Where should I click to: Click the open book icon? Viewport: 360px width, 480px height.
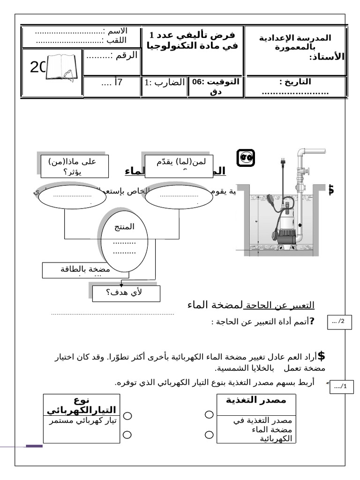pyautogui.click(x=62, y=68)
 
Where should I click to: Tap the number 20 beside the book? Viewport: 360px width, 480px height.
pyautogui.click(x=37, y=68)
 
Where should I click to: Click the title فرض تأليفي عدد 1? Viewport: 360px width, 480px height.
pyautogui.click(x=193, y=36)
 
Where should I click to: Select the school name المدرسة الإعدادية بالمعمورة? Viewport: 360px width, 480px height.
pyautogui.click(x=295, y=42)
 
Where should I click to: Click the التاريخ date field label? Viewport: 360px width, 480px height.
pyautogui.click(x=295, y=82)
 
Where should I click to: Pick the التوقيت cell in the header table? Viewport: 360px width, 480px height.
pyautogui.click(x=216, y=87)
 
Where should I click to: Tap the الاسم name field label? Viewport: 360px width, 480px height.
pyautogui.click(x=115, y=31)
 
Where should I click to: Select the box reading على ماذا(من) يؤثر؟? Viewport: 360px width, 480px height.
pyautogui.click(x=75, y=166)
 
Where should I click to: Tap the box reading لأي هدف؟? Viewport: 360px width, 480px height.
pyautogui.click(x=127, y=293)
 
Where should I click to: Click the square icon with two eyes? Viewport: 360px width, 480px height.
pyautogui.click(x=245, y=158)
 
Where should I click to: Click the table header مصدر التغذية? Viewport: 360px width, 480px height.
pyautogui.click(x=256, y=400)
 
